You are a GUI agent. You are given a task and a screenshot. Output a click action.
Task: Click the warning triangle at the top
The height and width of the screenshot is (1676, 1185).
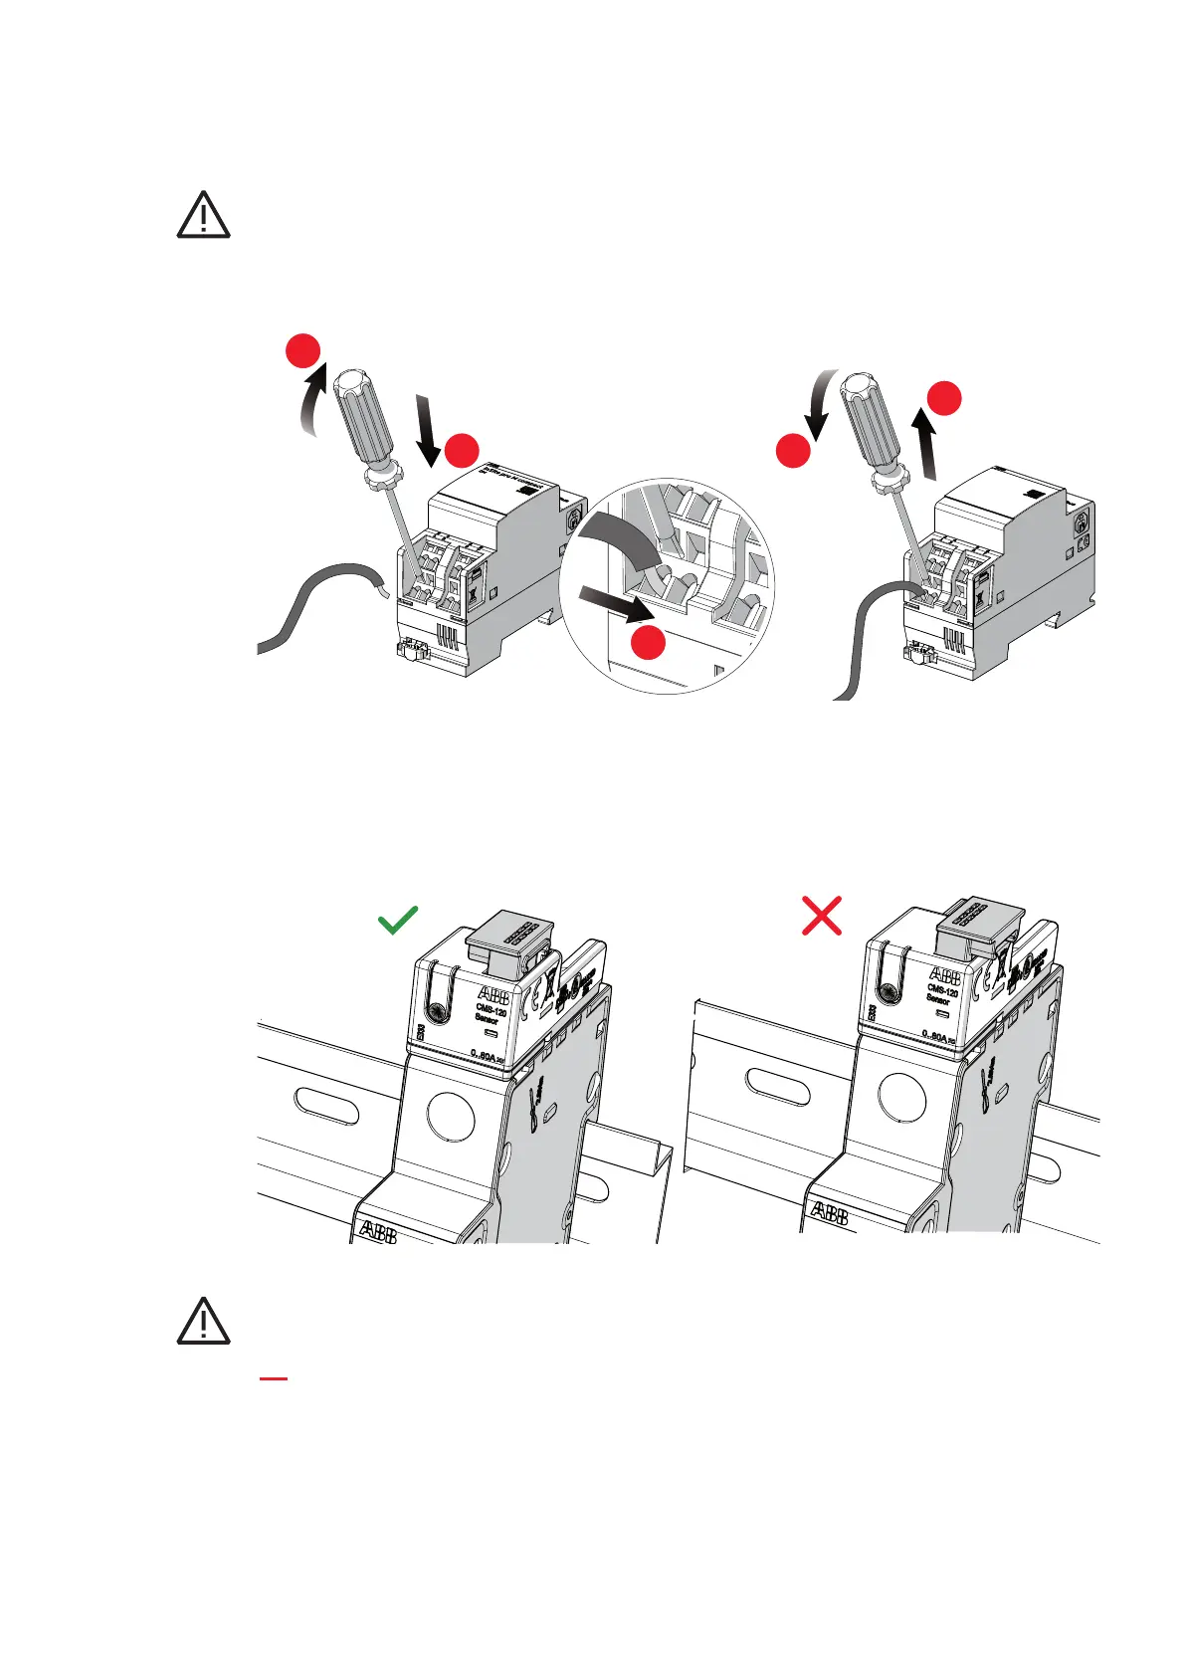203,215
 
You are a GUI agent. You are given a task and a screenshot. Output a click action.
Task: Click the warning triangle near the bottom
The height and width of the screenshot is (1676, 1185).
203,1322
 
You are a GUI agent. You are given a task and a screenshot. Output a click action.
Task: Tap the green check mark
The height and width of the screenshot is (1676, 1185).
398,920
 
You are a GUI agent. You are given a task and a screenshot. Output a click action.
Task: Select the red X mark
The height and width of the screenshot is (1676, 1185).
822,916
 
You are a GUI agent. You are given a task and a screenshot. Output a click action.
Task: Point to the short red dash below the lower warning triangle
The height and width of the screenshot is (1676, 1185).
274,1379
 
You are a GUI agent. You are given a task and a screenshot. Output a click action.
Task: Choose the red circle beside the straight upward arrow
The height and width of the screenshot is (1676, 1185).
945,397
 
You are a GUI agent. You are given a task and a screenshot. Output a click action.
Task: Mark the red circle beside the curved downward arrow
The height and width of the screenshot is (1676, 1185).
792,452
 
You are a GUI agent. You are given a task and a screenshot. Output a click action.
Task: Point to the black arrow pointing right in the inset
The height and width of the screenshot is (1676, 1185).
617,603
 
